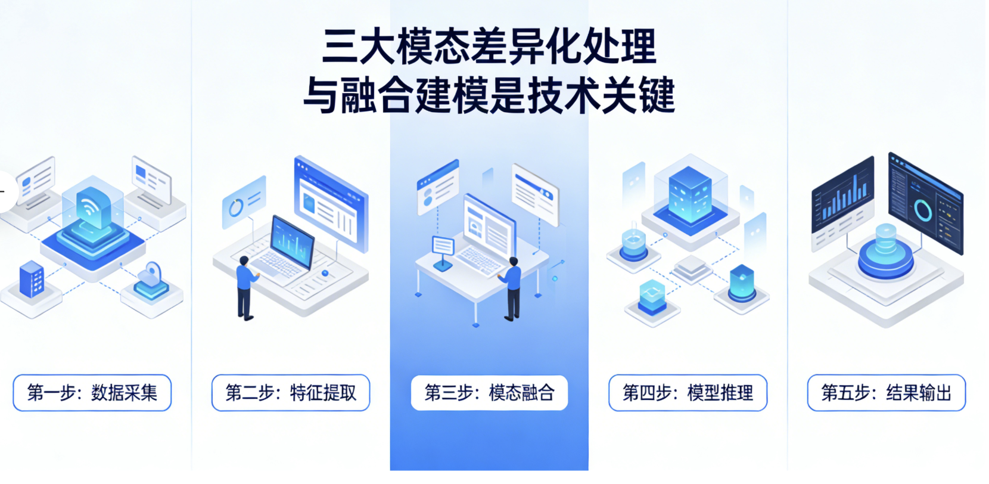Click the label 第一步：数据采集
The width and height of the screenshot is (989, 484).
tap(92, 393)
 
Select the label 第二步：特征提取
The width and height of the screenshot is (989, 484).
tap(291, 393)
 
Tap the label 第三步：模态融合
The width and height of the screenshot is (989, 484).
tap(489, 393)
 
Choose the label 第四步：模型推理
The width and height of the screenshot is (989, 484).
tap(688, 393)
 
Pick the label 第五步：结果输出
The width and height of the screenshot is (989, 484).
tap(886, 393)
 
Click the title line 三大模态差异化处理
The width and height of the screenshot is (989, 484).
tap(489, 46)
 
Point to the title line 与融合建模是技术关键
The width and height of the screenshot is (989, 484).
tap(489, 95)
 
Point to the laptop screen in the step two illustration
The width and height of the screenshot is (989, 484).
tap(292, 241)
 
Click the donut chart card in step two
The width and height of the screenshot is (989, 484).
tap(243, 203)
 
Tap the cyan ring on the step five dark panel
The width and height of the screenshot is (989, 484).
tap(922, 210)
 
